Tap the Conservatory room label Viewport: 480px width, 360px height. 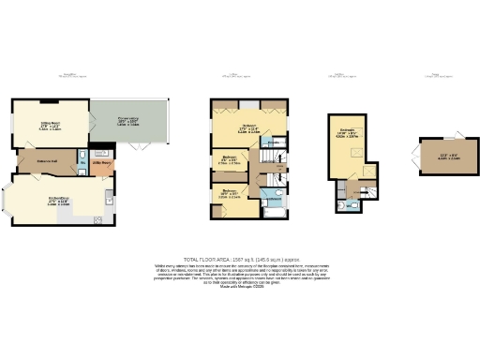(128, 122)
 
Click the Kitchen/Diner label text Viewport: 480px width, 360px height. (61, 199)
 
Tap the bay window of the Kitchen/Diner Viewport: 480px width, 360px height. (12, 200)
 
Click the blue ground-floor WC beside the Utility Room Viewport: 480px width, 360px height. (85, 157)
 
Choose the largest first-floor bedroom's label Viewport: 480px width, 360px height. (248, 128)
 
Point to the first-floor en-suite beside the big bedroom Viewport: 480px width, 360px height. (271, 142)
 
